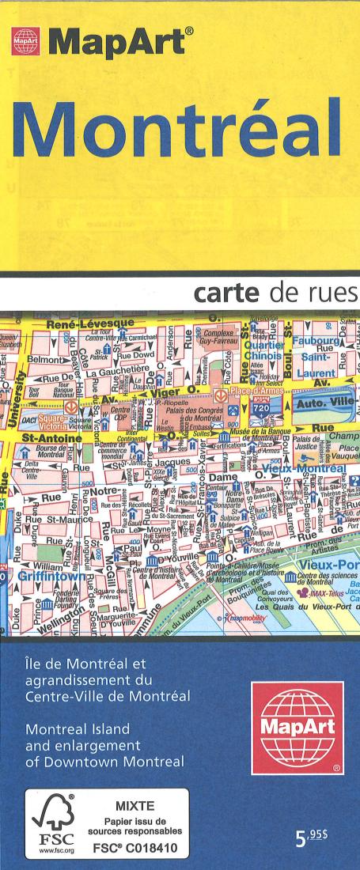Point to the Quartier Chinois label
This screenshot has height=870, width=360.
click(267, 350)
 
